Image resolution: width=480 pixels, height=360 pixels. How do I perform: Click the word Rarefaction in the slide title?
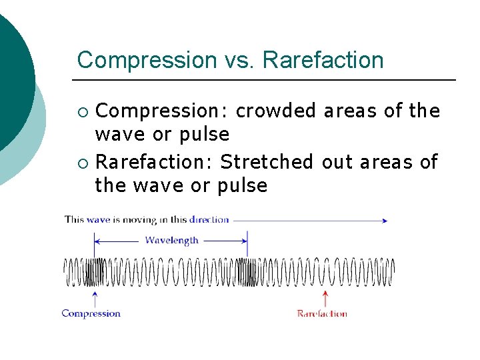pos(323,60)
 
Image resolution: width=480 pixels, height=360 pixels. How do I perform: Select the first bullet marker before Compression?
pos(82,111)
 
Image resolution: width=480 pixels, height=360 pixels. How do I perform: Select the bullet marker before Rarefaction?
pos(82,162)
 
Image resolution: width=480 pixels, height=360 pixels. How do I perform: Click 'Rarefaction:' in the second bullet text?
pos(154,161)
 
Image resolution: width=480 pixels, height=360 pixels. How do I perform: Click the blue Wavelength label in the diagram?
pos(171,240)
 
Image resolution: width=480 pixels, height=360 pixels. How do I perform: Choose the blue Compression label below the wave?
pos(91,313)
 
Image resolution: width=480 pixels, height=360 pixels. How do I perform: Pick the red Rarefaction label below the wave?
pos(322,313)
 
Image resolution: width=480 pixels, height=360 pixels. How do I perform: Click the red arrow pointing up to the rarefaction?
pos(325,298)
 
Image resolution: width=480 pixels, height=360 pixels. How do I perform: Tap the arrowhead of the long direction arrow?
pos(384,220)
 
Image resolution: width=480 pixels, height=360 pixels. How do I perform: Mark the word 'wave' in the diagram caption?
pos(97,219)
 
